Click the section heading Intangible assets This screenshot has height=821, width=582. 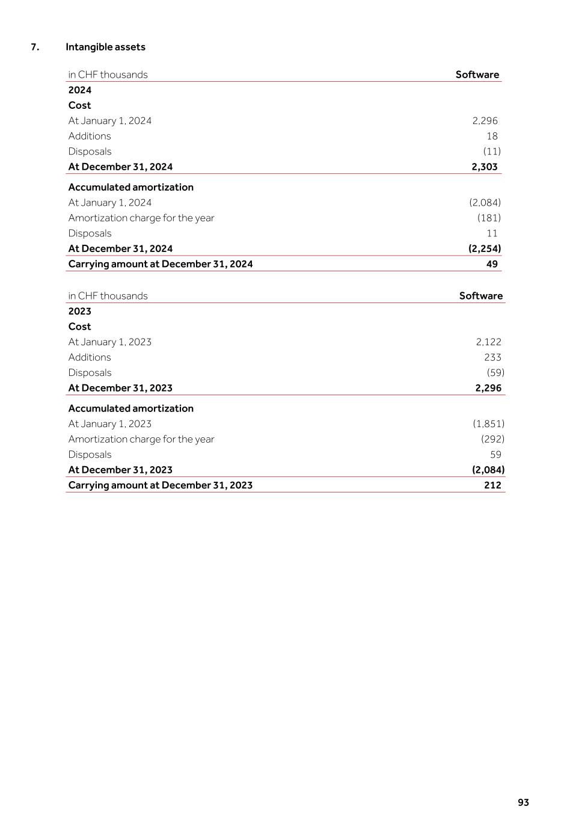tap(105, 47)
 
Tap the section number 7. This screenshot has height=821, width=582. tap(35, 47)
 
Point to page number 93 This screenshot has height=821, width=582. tap(523, 802)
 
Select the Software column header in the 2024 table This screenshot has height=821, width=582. tap(477, 75)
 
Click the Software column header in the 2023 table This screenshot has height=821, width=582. tap(480, 296)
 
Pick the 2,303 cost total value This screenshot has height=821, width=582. tap(484, 167)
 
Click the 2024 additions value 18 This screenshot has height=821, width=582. tap(492, 136)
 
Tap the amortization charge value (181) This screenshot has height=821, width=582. tap(489, 218)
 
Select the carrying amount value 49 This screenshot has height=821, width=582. tap(492, 264)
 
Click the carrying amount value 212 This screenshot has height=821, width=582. tap(492, 485)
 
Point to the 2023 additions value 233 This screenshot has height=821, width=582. tap(492, 357)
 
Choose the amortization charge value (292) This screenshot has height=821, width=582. tap(492, 439)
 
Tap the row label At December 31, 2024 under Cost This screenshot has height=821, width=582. tap(120, 167)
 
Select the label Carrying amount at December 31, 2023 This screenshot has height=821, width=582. tap(160, 485)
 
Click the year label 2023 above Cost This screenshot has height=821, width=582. tap(79, 311)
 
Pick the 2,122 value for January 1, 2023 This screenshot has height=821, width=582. tap(488, 342)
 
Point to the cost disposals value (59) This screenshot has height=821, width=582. tap(495, 373)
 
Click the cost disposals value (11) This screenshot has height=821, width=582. tap(492, 152)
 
